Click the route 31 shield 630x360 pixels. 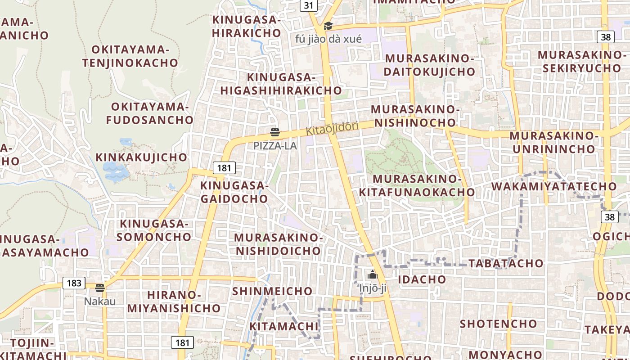coord(308,5)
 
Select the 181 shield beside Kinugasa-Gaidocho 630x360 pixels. coord(224,168)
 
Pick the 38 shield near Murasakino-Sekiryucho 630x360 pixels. coord(606,37)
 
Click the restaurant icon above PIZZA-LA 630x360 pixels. coord(275,132)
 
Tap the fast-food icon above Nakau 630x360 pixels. coord(100,288)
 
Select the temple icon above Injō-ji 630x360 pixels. coord(372,274)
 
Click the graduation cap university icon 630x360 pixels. coord(328,26)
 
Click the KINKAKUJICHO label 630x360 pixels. coord(141,157)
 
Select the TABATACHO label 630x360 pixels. coord(506,263)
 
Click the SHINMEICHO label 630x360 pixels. coord(272,291)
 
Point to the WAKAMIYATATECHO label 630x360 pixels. coord(554,186)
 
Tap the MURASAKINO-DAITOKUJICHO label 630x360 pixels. coord(430,65)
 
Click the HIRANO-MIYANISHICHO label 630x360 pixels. coord(174,301)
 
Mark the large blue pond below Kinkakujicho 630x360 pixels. coord(115,171)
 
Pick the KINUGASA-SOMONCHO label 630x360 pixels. coord(156,230)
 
